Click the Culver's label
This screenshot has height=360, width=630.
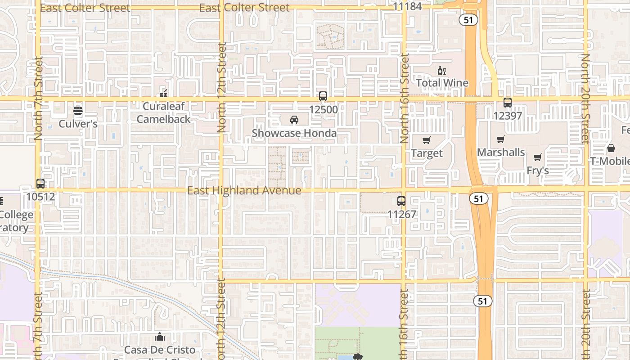78,124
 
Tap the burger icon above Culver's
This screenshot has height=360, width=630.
78,110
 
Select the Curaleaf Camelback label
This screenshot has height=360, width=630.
164,113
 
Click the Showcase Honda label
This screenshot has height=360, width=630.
294,133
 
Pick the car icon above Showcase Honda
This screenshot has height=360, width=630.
294,120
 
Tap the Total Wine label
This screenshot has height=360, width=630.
442,83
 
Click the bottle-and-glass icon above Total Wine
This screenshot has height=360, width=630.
442,70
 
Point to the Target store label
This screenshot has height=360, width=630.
427,153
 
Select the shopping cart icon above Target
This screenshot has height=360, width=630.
427,140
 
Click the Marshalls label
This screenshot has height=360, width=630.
501,153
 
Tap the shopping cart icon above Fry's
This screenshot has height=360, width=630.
537,157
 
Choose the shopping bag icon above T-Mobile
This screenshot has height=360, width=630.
611,148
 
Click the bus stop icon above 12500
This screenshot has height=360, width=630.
323,96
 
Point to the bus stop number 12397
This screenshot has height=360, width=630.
508,116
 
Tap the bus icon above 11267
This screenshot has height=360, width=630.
401,201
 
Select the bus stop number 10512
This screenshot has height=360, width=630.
40,197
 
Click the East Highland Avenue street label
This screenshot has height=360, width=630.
244,191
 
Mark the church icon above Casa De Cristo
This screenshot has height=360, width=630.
160,337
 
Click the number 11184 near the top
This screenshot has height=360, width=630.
407,6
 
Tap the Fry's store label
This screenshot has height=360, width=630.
538,171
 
